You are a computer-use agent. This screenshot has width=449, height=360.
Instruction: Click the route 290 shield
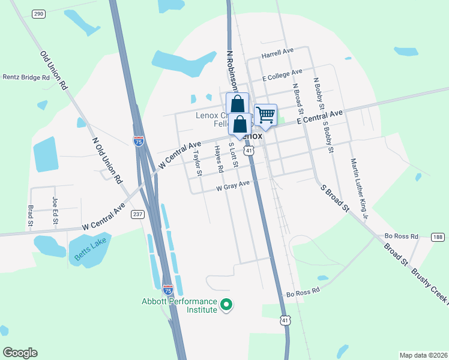coord(38,13)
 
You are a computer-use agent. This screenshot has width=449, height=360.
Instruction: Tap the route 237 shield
coord(137,214)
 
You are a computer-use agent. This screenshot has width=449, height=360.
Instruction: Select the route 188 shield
coord(438,237)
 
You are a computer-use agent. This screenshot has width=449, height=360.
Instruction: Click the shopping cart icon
coord(265,115)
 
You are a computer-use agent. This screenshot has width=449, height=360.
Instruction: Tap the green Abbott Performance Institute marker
coord(226,306)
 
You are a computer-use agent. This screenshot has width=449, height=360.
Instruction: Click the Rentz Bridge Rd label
coord(26,77)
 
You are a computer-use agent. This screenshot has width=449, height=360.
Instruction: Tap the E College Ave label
coord(282,76)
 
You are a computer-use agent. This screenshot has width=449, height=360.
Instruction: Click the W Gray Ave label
coord(233,187)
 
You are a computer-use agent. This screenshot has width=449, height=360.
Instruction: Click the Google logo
coord(20,353)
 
